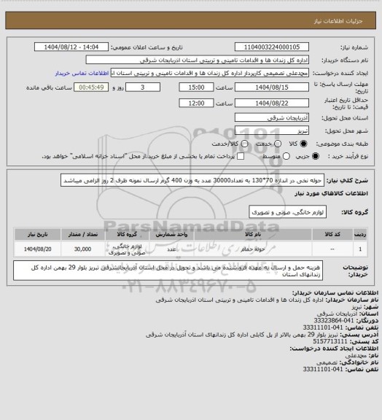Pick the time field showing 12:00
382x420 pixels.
(x=195, y=104)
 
